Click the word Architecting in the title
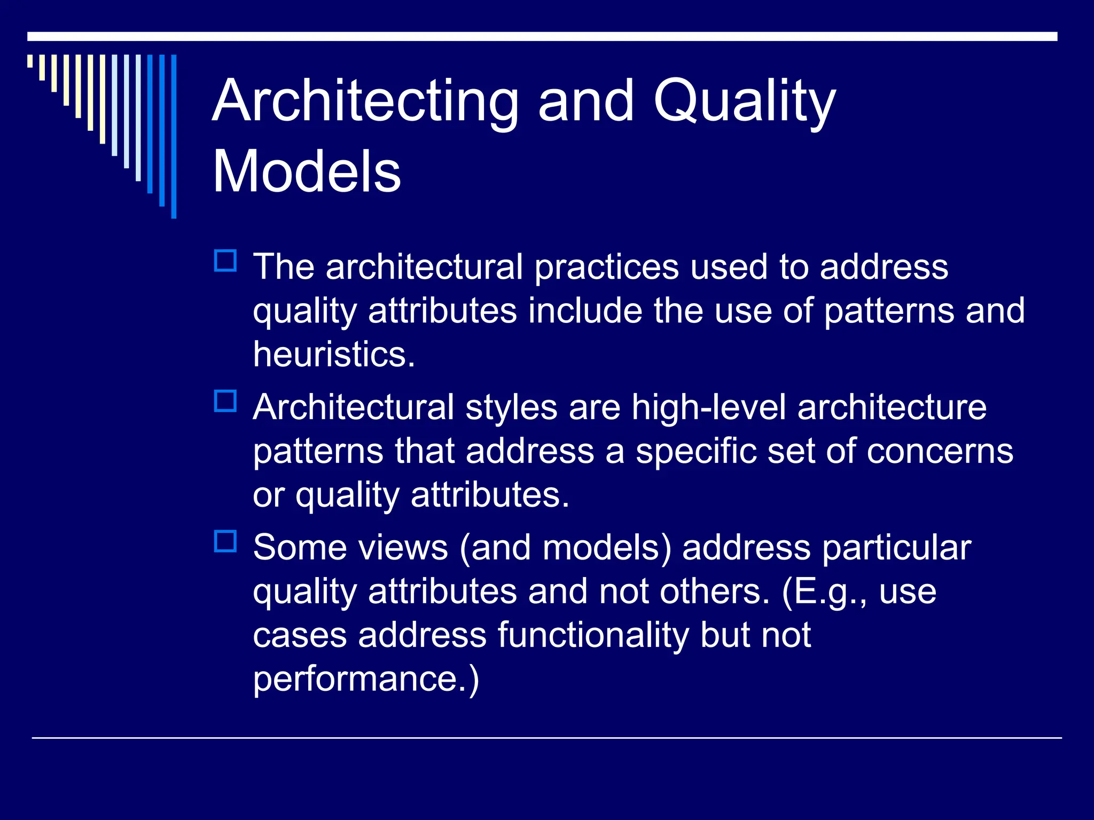(365, 101)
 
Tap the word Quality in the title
(745, 101)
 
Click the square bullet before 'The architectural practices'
(225, 261)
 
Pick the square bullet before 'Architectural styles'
(225, 401)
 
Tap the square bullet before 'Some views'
(225, 541)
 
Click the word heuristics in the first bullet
(333, 354)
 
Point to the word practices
(606, 267)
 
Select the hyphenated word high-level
(709, 407)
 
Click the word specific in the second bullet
(696, 451)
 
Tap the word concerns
(940, 451)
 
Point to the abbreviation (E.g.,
(824, 592)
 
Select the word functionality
(593, 635)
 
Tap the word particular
(896, 548)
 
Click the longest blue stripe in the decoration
(174, 136)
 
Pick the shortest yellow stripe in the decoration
(30, 61)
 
